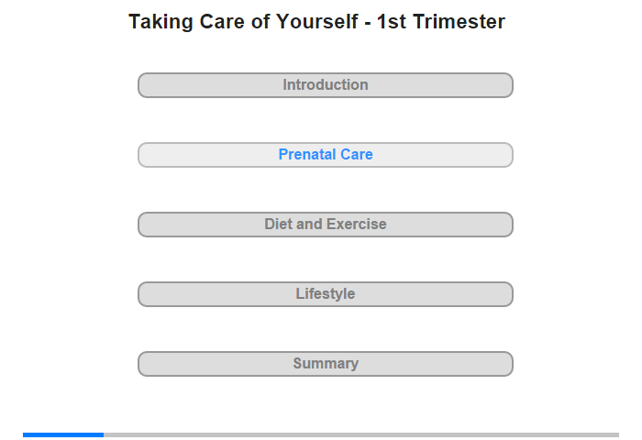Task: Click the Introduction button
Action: (325, 85)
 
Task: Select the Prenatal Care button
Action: (325, 155)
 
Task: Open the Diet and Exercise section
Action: (325, 225)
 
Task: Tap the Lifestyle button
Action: (325, 294)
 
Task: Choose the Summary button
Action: (325, 364)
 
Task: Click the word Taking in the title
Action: (160, 23)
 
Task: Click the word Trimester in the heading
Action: (459, 21)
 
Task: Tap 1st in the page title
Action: (391, 21)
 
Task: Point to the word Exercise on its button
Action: (357, 224)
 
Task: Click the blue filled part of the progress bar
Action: (63, 434)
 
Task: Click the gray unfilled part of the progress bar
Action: (361, 434)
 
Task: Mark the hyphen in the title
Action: (368, 23)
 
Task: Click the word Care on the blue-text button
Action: (357, 154)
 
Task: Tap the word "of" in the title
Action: (260, 21)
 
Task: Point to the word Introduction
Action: (326, 84)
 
